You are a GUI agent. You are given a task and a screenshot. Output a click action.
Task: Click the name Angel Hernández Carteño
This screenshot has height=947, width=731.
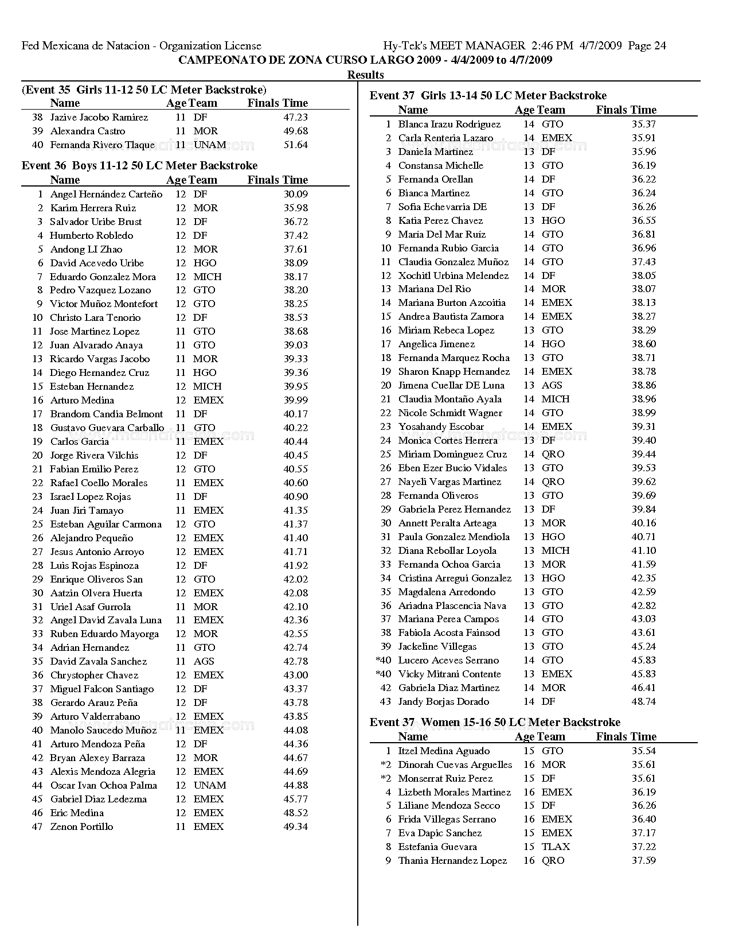click(106, 195)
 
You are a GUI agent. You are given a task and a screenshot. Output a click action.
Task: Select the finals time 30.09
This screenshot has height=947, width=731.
click(295, 195)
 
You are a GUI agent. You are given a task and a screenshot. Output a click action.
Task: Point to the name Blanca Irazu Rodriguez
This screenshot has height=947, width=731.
click(449, 125)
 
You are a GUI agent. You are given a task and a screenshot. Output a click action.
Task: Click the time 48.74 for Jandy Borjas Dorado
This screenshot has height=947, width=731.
click(644, 702)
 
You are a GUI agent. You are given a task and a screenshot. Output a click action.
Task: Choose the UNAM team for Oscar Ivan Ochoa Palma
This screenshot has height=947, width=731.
click(210, 786)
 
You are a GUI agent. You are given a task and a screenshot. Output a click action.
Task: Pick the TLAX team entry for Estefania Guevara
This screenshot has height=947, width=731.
click(556, 847)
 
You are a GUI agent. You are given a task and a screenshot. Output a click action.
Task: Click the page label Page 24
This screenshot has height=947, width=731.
click(647, 46)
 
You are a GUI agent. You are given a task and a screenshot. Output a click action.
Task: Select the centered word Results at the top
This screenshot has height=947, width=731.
click(365, 75)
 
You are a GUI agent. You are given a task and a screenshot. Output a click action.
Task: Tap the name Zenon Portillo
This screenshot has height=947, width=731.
click(81, 827)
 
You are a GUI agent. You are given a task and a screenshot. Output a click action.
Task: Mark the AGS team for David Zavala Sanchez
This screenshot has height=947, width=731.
click(204, 662)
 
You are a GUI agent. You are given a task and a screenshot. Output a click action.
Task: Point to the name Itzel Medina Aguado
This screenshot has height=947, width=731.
click(444, 751)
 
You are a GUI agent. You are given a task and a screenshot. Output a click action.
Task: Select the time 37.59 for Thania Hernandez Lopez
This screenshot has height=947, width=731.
click(644, 861)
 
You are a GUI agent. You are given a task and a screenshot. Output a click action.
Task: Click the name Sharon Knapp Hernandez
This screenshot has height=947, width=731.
click(454, 372)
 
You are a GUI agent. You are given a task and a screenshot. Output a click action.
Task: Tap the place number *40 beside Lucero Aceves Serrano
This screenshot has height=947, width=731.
click(383, 661)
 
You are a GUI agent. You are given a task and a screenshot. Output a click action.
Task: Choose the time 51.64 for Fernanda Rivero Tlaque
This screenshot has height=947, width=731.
click(295, 145)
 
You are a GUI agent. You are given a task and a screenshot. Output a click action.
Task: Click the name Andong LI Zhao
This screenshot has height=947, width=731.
click(86, 250)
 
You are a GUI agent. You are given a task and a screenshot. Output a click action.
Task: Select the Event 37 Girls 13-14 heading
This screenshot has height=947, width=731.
click(488, 96)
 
